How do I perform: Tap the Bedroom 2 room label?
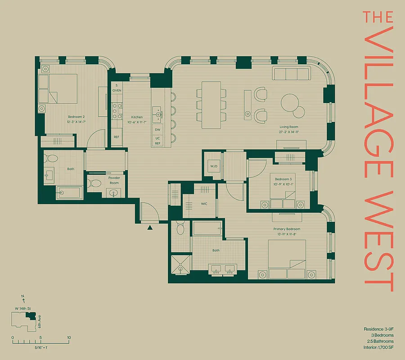[x=76, y=117]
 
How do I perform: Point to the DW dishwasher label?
[x=157, y=130]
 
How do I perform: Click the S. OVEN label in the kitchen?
[x=117, y=88]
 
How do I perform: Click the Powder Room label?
[x=114, y=180]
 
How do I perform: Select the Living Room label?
[x=288, y=127]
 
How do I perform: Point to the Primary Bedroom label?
[x=287, y=229]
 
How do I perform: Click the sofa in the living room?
[x=291, y=73]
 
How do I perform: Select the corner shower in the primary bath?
[x=180, y=265]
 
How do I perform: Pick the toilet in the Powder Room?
[x=94, y=184]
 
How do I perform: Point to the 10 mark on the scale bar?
[x=69, y=337]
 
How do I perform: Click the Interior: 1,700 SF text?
[x=378, y=348]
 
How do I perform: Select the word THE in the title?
[x=378, y=17]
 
